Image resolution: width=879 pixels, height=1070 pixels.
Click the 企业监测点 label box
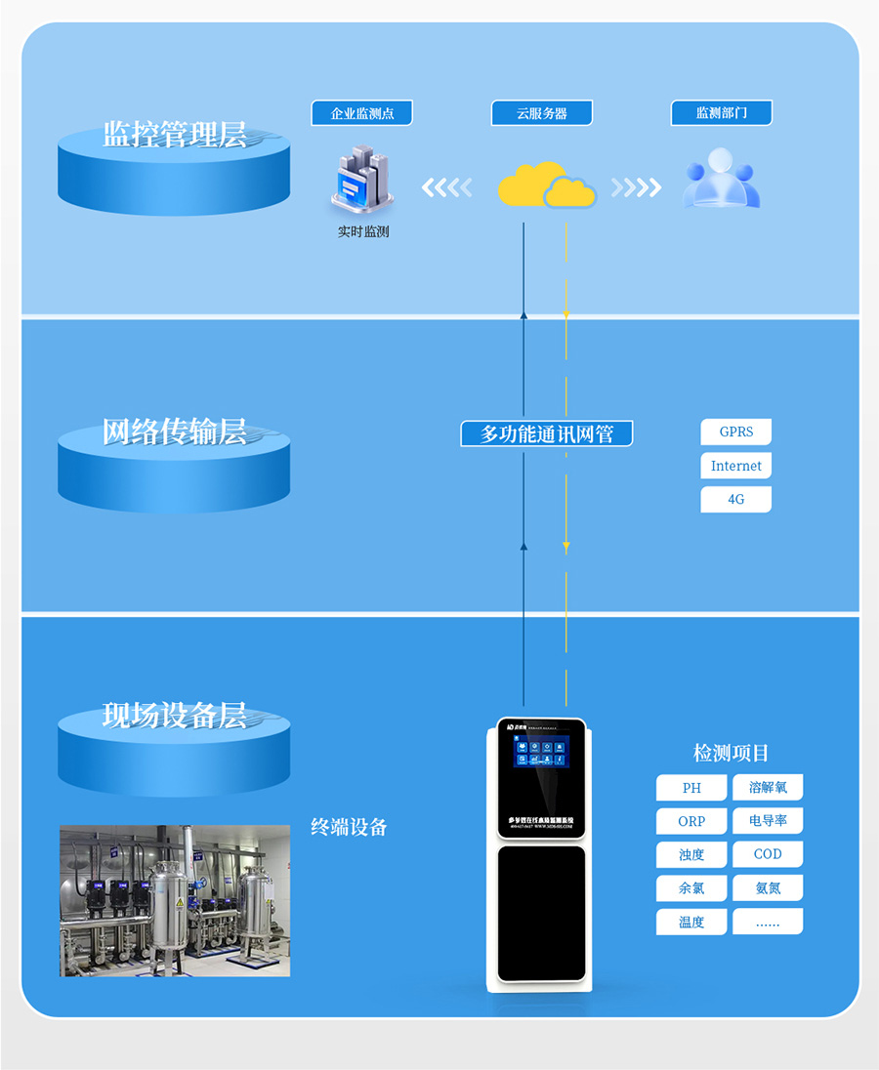click(x=361, y=113)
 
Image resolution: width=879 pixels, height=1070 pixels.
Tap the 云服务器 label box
click(x=542, y=113)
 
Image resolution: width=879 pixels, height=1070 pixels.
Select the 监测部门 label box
click(x=721, y=113)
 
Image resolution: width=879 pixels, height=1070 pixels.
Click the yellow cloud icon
click(x=545, y=185)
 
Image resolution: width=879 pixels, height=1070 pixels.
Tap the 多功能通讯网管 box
click(x=547, y=433)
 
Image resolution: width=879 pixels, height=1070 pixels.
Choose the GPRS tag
click(x=736, y=432)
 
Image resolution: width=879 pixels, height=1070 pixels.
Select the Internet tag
click(x=736, y=466)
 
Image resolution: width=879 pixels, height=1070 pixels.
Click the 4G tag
click(x=736, y=499)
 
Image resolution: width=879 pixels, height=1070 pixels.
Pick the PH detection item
click(x=691, y=788)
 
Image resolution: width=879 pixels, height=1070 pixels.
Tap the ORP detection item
click(x=691, y=821)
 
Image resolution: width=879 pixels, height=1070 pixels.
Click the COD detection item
click(x=768, y=854)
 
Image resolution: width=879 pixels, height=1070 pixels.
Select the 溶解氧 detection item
click(x=768, y=788)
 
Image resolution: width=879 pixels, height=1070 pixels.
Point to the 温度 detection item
click(x=691, y=922)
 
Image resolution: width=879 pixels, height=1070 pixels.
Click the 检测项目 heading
click(x=732, y=753)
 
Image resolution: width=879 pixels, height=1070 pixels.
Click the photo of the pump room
click(x=175, y=900)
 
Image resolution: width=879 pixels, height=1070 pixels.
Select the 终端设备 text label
click(x=349, y=827)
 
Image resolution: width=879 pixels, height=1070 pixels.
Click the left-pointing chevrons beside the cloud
click(x=446, y=186)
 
